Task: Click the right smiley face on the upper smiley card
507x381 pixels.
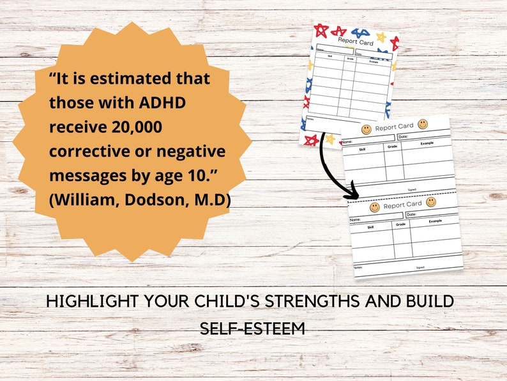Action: click(423, 123)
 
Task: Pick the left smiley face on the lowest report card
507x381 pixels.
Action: click(375, 207)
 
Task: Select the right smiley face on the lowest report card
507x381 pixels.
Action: click(431, 202)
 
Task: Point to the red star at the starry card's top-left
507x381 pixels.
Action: click(321, 30)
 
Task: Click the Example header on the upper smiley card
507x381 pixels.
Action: click(427, 143)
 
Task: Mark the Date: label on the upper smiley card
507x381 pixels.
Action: click(403, 136)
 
